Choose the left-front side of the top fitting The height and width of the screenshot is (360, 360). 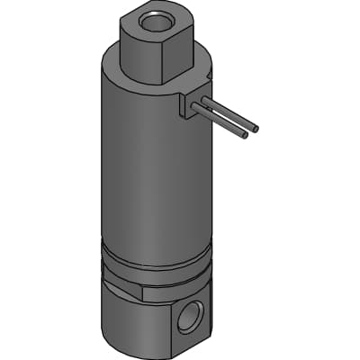tap(139, 54)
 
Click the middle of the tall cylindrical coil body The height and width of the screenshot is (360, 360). tap(153, 171)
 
